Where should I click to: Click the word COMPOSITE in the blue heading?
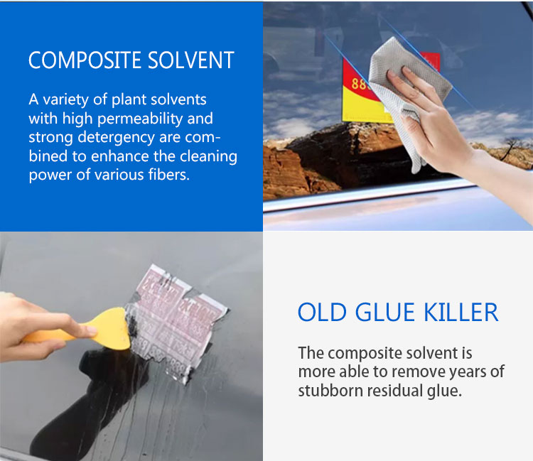coord(76,60)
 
